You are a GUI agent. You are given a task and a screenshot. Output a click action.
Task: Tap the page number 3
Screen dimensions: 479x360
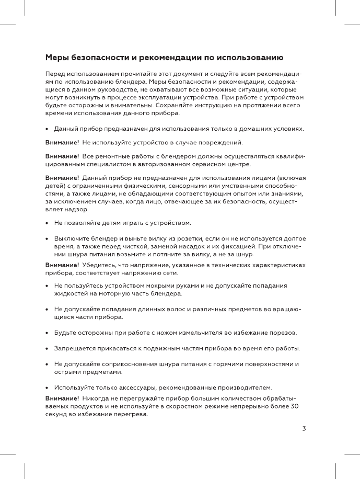tap(304, 429)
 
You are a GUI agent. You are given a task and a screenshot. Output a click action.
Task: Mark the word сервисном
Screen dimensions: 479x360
tap(202, 164)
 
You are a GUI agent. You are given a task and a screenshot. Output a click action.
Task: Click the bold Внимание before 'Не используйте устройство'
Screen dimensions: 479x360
tap(62, 142)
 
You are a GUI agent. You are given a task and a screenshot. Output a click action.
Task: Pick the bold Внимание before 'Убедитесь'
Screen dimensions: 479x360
tap(62, 265)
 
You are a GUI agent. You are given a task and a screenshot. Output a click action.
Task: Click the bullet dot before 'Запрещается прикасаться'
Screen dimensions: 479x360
tap(48, 349)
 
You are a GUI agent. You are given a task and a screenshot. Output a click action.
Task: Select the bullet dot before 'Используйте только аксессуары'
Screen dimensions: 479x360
tap(48, 388)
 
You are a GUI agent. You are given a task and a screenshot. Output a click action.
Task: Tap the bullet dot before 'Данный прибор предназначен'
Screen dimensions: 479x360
tap(48, 129)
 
